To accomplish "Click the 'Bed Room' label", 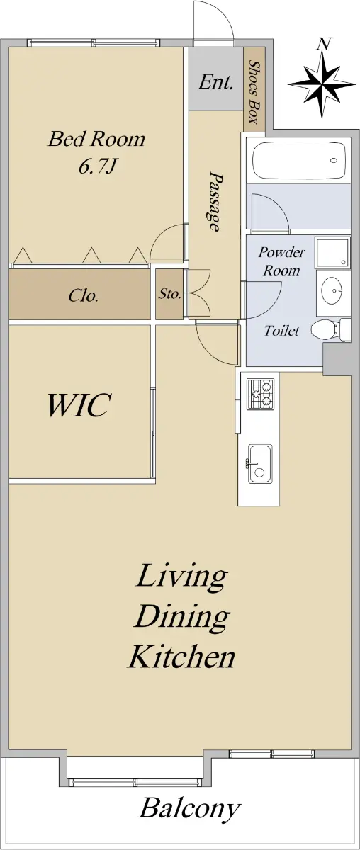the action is pos(96,139).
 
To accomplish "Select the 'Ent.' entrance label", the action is pos(215,82).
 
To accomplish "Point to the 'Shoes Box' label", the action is pos(253,91).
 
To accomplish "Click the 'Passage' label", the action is pos(215,201).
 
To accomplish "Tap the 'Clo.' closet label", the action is pos(84,295).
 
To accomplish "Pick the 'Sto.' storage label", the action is pos(169,294).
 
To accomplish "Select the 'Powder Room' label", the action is pos(281,261).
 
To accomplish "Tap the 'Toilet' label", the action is pos(281,331).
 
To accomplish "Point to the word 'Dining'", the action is pos(181,617).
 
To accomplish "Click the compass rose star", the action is pos(322,84).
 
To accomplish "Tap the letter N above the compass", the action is pos(325,44).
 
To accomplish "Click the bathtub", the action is pos(298,160).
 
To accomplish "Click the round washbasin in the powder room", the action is pos(332,290).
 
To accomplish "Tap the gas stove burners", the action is pos(261,394).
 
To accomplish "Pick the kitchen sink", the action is pos(260,464).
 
